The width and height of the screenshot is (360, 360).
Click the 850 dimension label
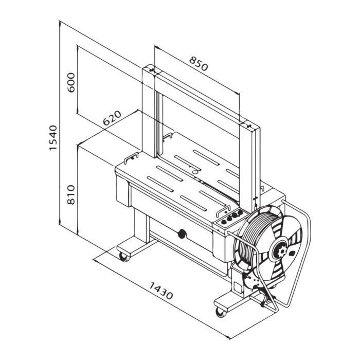198,64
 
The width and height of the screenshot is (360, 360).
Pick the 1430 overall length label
160,291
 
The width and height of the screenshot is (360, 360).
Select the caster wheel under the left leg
123,257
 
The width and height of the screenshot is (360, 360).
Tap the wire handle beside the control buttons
223,210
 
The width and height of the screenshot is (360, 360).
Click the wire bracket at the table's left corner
133,155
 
